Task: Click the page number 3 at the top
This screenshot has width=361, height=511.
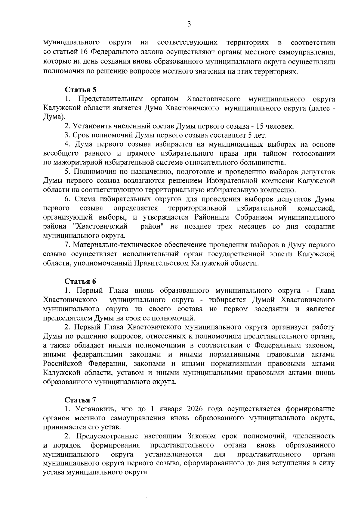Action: tap(189, 24)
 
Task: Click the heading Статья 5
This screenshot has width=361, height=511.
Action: tap(81, 90)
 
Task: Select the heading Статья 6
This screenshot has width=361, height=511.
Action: tap(81, 281)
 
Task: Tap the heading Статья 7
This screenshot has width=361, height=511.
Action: tap(81, 400)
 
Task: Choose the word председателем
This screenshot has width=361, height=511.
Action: tap(68, 318)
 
